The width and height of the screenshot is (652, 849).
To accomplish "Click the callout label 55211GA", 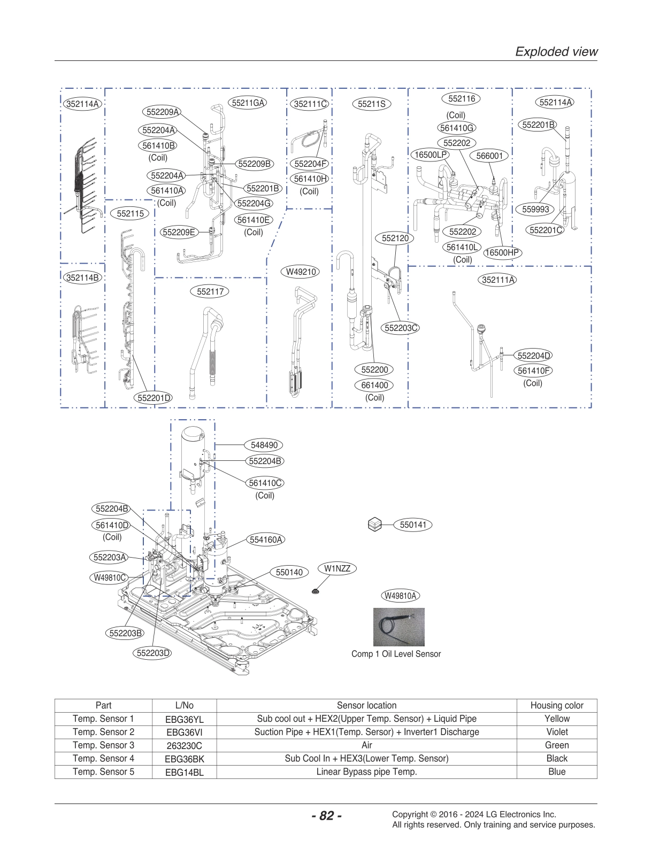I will [x=248, y=103].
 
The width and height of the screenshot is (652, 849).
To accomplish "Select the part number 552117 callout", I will [x=210, y=291].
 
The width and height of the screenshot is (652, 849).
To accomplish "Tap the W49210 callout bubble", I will [x=301, y=272].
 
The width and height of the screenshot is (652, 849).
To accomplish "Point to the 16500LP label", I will [x=430, y=155].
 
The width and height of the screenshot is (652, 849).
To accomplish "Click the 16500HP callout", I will [x=501, y=252].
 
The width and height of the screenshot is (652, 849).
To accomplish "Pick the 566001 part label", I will [x=489, y=156].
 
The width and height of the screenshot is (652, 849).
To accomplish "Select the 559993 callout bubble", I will [x=535, y=209].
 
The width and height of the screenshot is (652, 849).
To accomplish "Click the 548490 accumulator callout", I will [x=264, y=445].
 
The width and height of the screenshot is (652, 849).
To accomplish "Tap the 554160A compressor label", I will [x=266, y=539].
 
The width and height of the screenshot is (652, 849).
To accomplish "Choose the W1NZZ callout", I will [x=337, y=568].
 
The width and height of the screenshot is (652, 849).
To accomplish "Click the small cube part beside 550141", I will [x=375, y=524].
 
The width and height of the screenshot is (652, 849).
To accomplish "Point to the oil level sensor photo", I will [x=398, y=627].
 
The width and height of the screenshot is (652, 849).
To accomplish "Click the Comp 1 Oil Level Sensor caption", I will [x=396, y=654].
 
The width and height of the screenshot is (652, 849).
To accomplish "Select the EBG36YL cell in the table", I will [x=184, y=719].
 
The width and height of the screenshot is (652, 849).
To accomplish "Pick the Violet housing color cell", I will [x=557, y=732].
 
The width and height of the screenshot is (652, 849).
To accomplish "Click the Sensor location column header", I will [x=366, y=705].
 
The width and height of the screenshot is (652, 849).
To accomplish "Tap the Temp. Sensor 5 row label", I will [x=103, y=771].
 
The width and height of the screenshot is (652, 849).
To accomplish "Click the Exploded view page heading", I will [x=556, y=51].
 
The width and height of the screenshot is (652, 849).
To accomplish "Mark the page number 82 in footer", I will [x=326, y=815].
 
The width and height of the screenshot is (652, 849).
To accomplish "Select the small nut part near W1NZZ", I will [x=316, y=591].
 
